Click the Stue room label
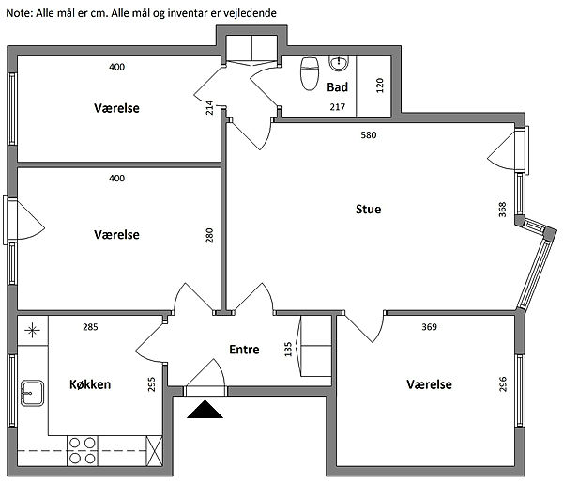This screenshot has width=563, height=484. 368,209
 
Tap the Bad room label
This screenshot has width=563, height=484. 337,87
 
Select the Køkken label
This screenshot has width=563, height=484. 90,384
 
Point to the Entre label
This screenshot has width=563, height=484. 244,350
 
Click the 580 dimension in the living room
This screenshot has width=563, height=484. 369,135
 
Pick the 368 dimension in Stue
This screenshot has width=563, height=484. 502,210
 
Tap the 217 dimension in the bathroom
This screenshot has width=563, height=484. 338,107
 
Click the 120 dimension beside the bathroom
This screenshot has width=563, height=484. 380,86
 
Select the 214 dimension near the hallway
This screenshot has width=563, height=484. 209,107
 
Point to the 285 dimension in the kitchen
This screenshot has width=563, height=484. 90,327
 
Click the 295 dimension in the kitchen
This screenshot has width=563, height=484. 151,384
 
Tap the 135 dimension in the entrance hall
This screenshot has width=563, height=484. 288,350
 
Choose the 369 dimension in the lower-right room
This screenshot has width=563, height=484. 429,327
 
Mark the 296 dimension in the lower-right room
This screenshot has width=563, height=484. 503,384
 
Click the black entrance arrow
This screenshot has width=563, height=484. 205,409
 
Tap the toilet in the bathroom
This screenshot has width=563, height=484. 310,73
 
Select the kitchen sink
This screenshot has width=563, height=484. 32,393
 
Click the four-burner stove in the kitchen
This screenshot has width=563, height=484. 83,451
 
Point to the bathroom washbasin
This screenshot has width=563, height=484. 339,64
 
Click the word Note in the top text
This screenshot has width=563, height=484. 20,13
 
